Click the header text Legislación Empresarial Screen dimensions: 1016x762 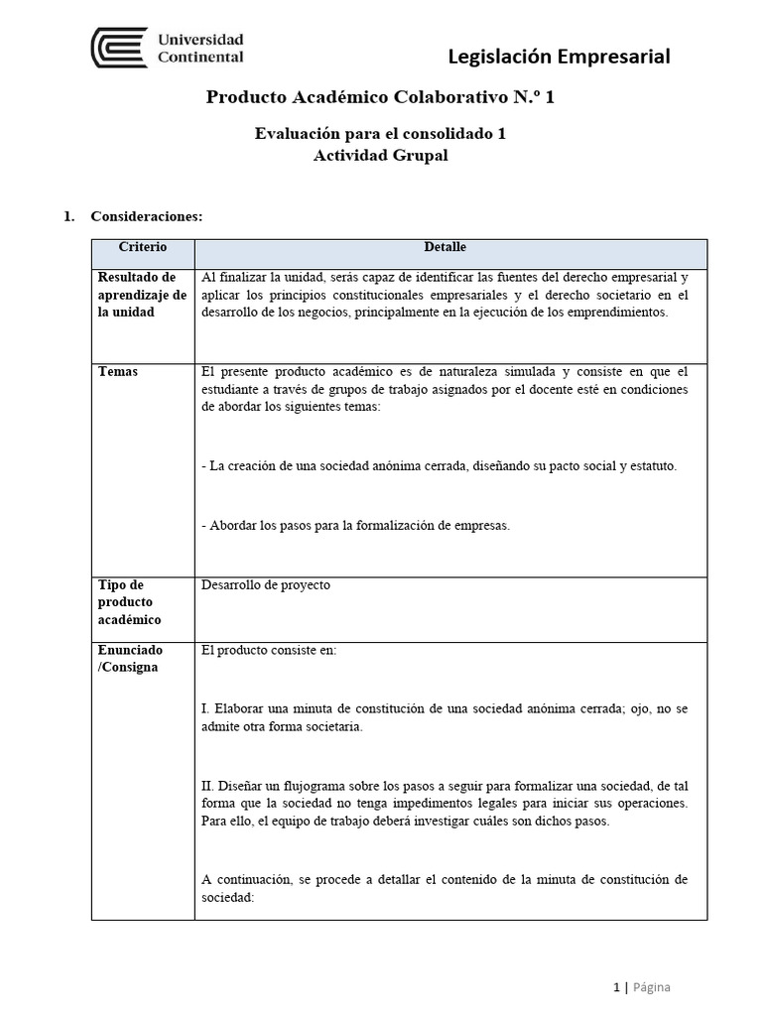pos(560,57)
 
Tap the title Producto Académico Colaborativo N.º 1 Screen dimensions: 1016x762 pos(387,97)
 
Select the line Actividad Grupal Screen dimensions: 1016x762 pos(381,155)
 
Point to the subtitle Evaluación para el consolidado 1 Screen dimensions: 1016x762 pos(381,134)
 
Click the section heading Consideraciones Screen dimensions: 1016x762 pos(147,216)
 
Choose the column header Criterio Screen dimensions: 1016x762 pos(143,247)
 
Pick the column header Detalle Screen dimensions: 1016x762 pos(444,247)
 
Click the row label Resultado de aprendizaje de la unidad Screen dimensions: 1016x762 pos(143,295)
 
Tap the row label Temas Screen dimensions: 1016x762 pos(118,372)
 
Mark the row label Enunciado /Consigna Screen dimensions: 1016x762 pos(130,659)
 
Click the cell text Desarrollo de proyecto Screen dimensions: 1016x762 pos(265,585)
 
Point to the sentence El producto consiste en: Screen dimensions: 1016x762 pos(269,651)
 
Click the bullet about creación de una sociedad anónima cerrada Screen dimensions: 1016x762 pos(439,466)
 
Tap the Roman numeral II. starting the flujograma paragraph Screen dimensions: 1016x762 pos(207,785)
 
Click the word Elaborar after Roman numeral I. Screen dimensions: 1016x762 pos(240,709)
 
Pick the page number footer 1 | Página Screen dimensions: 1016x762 pos(641,987)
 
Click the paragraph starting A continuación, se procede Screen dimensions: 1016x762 pos(444,888)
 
